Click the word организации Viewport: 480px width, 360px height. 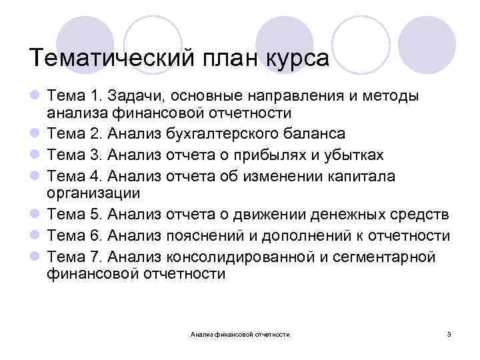tap(95, 194)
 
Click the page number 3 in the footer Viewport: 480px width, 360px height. tap(449, 333)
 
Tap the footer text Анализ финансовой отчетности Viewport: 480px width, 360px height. tap(240, 333)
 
